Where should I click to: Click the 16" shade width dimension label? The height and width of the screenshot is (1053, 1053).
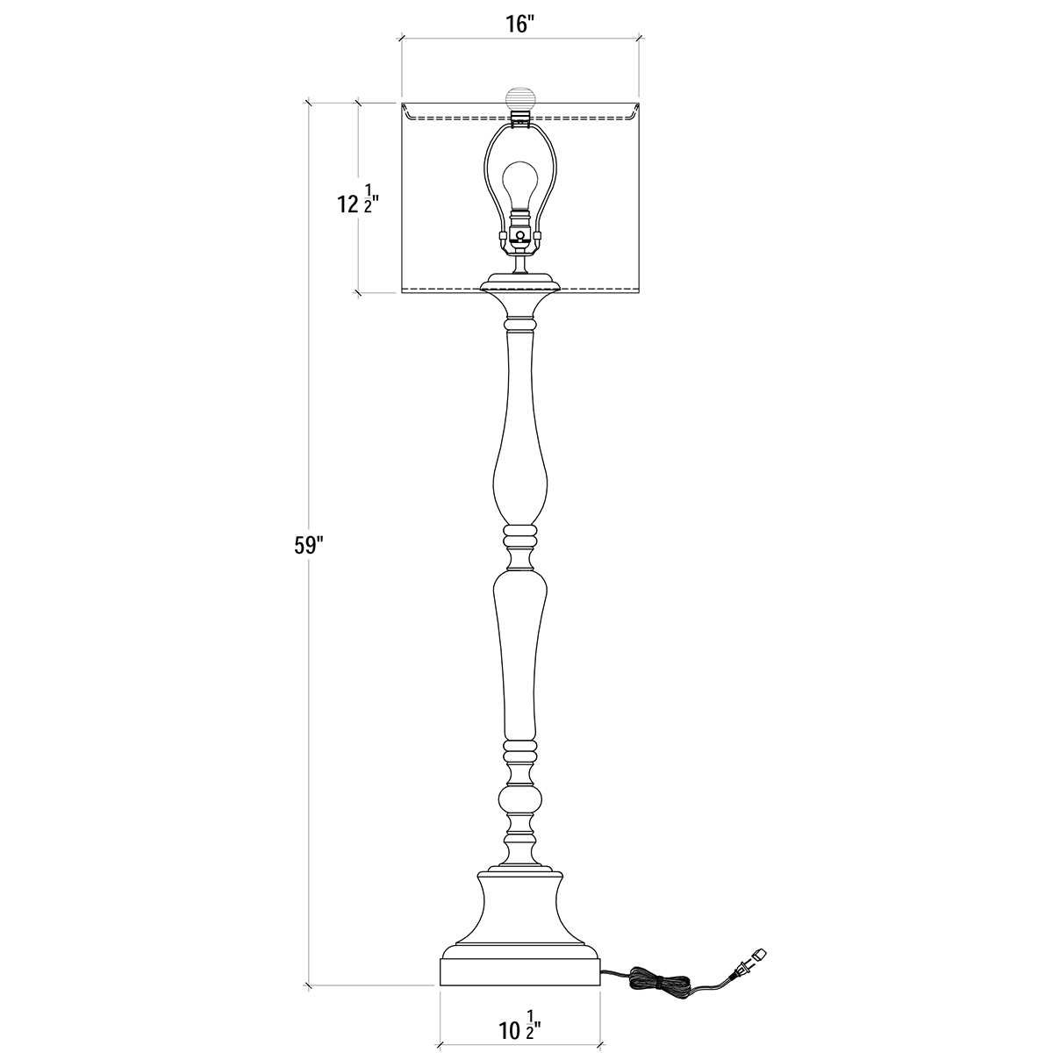click(519, 25)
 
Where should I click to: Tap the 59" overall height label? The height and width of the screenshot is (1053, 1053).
click(309, 546)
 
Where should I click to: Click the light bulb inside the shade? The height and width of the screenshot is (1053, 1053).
click(519, 186)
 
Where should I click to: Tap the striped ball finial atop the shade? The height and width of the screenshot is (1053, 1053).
click(519, 100)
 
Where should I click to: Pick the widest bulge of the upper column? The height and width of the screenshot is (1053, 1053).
click(520, 481)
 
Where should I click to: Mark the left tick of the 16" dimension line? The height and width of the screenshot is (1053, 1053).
click(403, 39)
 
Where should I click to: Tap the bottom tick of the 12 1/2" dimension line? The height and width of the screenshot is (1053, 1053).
click(359, 293)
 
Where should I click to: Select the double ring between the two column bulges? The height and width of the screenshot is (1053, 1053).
click(519, 536)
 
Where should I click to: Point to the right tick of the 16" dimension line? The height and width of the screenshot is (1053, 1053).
click(639, 39)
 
